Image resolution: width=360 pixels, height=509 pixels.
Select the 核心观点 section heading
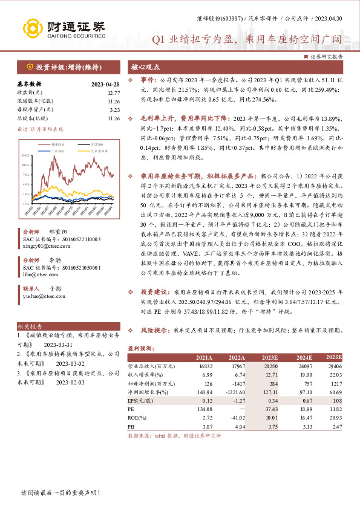[146, 67]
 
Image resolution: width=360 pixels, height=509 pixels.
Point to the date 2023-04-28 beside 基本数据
[106, 84]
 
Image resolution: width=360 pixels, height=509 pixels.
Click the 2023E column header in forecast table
[270, 358]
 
